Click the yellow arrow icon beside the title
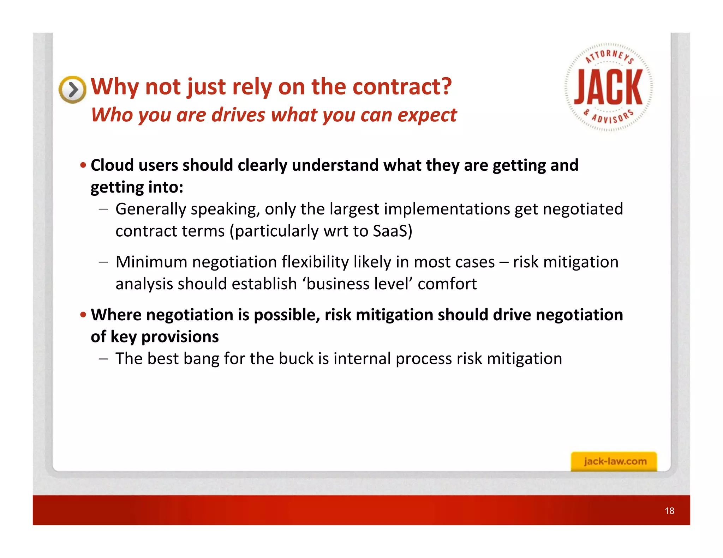[72, 90]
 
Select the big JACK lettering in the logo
[608, 87]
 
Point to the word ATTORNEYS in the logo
[609, 56]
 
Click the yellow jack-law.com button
[614, 461]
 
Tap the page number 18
[669, 511]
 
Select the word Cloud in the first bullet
[112, 165]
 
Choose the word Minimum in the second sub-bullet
[151, 262]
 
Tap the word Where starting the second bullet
[116, 315]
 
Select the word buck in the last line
[295, 359]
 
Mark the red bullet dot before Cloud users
[83, 165]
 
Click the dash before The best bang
[103, 359]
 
